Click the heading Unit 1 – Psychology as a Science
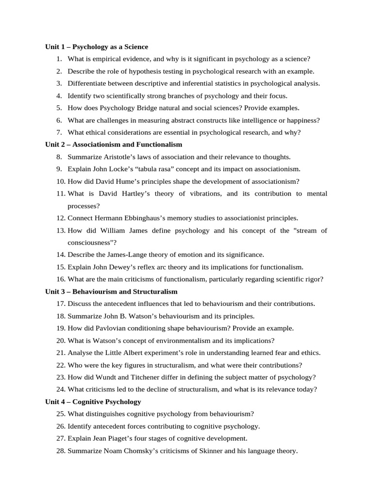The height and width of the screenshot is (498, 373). pos(97,47)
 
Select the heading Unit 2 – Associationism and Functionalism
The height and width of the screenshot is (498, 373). pos(114,144)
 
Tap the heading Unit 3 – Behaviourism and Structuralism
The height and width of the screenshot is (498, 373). pos(111,291)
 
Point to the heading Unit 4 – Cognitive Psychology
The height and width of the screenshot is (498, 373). pos(93,402)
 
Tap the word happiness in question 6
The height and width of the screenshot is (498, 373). pos(299,120)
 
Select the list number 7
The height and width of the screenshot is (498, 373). pos(59,132)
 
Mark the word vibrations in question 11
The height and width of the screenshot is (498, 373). pos(202,194)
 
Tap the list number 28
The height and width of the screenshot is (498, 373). pos(60,451)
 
